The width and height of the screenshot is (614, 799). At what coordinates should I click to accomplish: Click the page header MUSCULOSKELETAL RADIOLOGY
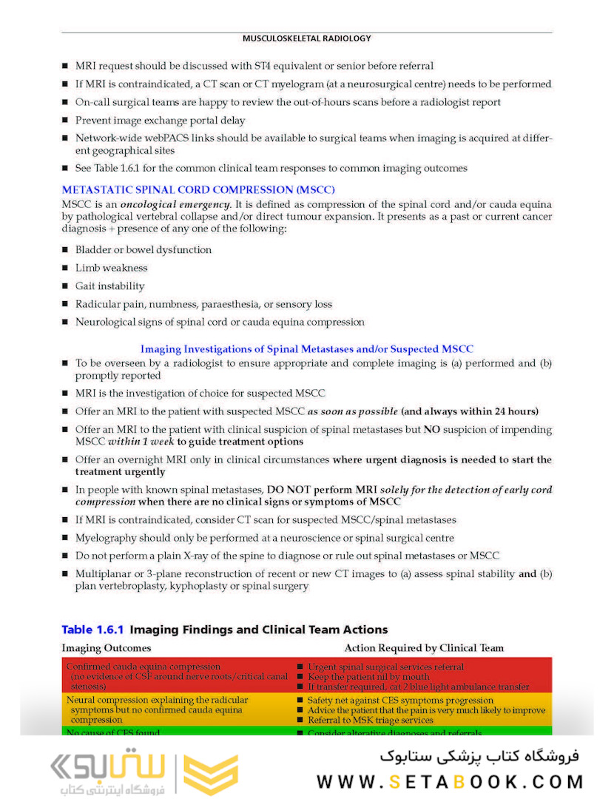pos(306,38)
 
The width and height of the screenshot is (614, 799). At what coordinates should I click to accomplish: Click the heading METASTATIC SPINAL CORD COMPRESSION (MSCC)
pos(198,189)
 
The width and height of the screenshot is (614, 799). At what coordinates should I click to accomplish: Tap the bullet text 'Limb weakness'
pos(111,268)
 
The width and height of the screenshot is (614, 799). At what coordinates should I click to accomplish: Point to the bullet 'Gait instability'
pos(109,286)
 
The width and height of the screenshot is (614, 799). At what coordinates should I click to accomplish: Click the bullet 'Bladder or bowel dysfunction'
pos(144,250)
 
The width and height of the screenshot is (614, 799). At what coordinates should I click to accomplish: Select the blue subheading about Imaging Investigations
pos(307,349)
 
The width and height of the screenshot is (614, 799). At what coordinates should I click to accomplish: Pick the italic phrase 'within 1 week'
pos(141,442)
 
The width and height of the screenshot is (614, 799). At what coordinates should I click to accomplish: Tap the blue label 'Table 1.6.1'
pos(95,630)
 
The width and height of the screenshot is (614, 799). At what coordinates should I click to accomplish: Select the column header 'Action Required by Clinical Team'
pos(424,648)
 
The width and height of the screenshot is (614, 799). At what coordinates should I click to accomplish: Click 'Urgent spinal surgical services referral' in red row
pos(385,667)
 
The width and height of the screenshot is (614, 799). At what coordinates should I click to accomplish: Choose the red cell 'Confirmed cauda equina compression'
pos(143,667)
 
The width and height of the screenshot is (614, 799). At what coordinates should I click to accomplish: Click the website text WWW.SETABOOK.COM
pos(450,781)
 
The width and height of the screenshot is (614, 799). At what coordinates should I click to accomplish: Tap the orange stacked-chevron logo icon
pos(210,775)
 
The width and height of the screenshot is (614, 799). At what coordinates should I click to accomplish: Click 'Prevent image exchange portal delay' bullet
pos(160,121)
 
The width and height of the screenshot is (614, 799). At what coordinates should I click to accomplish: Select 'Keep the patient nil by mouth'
pos(368,676)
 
